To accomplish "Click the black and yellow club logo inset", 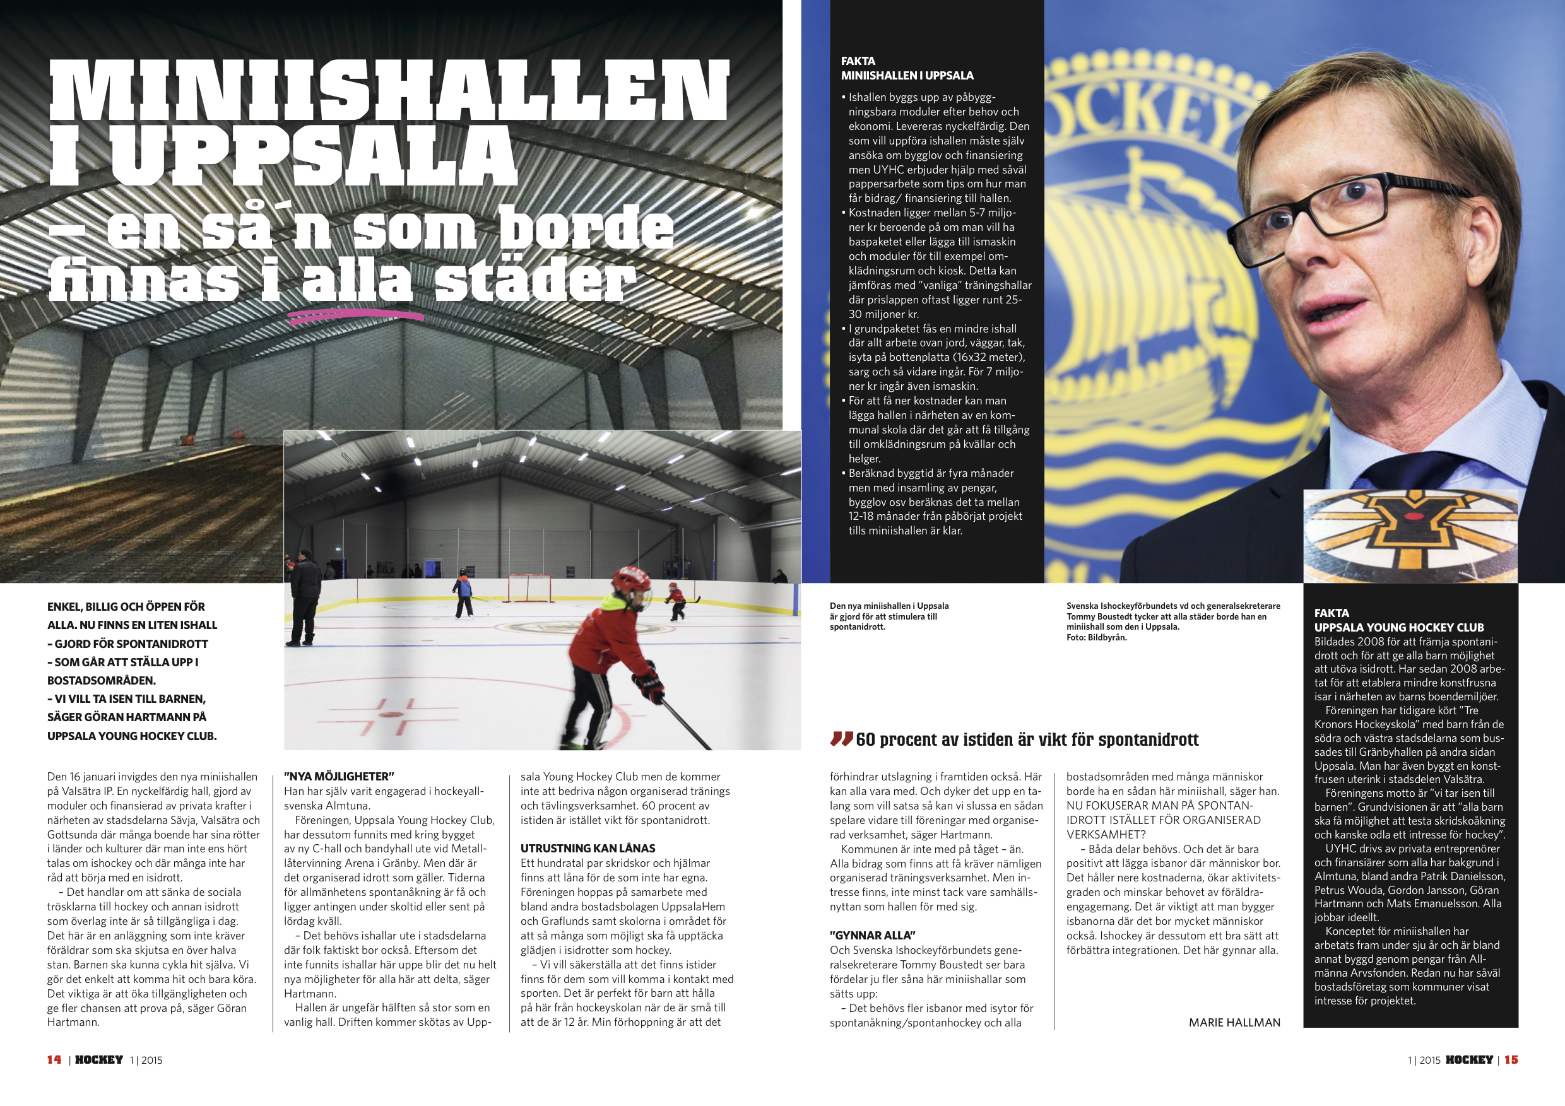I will [x=1410, y=536].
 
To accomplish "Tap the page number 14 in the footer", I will [x=54, y=1060].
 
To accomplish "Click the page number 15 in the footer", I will [x=1511, y=1060].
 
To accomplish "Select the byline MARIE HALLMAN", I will [x=1234, y=1022].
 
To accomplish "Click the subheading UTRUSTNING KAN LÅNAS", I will [x=588, y=849].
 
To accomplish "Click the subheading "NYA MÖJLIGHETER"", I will [x=340, y=776].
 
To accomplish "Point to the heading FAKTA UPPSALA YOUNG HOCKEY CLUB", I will [x=1398, y=620].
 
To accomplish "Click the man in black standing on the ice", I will [x=304, y=597].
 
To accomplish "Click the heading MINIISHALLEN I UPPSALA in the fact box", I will [x=907, y=76].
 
